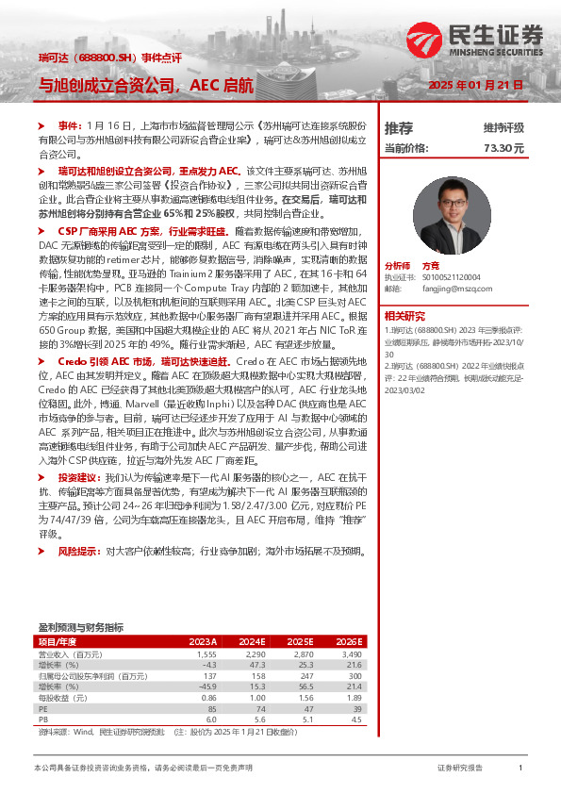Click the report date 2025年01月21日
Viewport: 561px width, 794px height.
click(x=475, y=86)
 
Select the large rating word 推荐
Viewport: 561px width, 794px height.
click(x=399, y=127)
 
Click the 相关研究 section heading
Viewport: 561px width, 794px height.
click(x=406, y=316)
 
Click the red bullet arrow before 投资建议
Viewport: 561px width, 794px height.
click(x=40, y=479)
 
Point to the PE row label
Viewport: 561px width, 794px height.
click(x=42, y=708)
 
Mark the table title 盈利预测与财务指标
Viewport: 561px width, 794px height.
click(x=80, y=626)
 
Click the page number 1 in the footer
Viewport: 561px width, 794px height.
click(x=520, y=769)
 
